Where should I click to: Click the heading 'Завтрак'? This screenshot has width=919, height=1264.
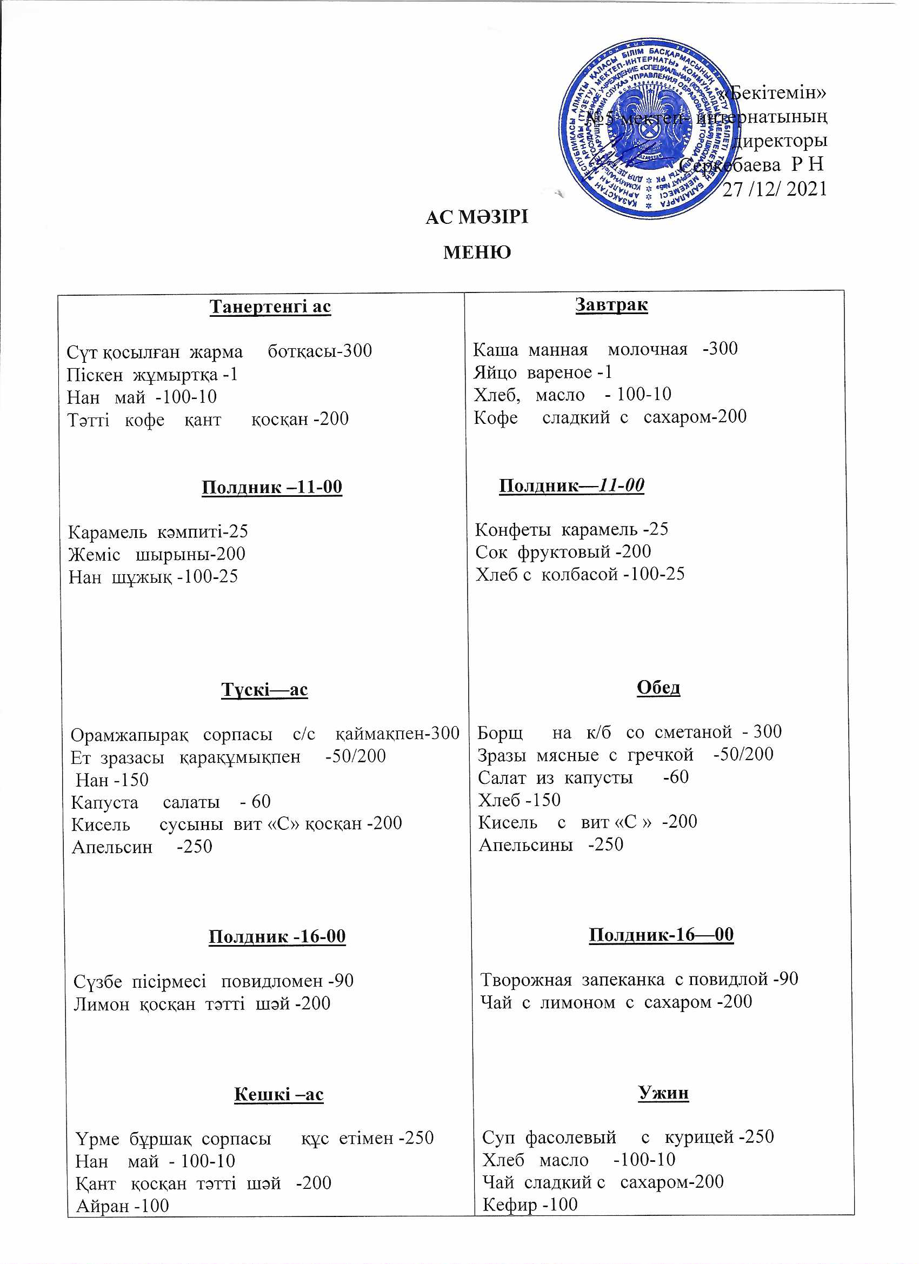point(611,305)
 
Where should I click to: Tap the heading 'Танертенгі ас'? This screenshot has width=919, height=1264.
point(270,307)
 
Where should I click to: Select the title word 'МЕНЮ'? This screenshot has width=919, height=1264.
point(477,252)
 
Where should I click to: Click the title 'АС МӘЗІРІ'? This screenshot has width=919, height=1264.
point(476,217)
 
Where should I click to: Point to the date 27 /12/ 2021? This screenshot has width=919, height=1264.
point(775,189)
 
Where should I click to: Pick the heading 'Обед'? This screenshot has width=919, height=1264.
point(658,687)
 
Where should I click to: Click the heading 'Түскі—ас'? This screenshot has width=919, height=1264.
point(265,689)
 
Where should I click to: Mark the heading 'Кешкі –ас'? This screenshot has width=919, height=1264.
point(278,1094)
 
